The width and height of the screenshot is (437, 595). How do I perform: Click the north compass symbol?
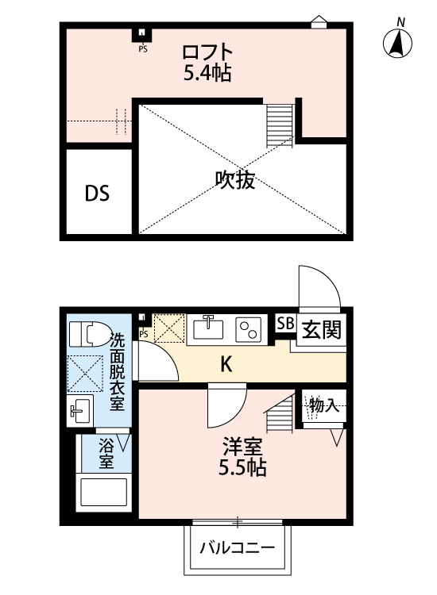tap(400, 44)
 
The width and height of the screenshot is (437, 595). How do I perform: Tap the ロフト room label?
tap(207, 53)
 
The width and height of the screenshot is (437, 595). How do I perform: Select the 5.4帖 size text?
tap(207, 74)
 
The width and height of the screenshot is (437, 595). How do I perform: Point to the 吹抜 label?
tap(235, 181)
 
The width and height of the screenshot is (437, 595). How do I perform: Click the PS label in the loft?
tap(143, 48)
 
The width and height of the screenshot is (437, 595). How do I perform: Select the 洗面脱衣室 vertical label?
tap(117, 372)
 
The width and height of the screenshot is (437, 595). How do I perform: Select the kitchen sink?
tap(211, 327)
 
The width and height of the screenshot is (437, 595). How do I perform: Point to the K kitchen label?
tap(226, 364)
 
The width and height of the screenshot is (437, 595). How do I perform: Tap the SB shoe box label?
tap(284, 324)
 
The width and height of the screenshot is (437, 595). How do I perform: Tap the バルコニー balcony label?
tap(237, 547)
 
